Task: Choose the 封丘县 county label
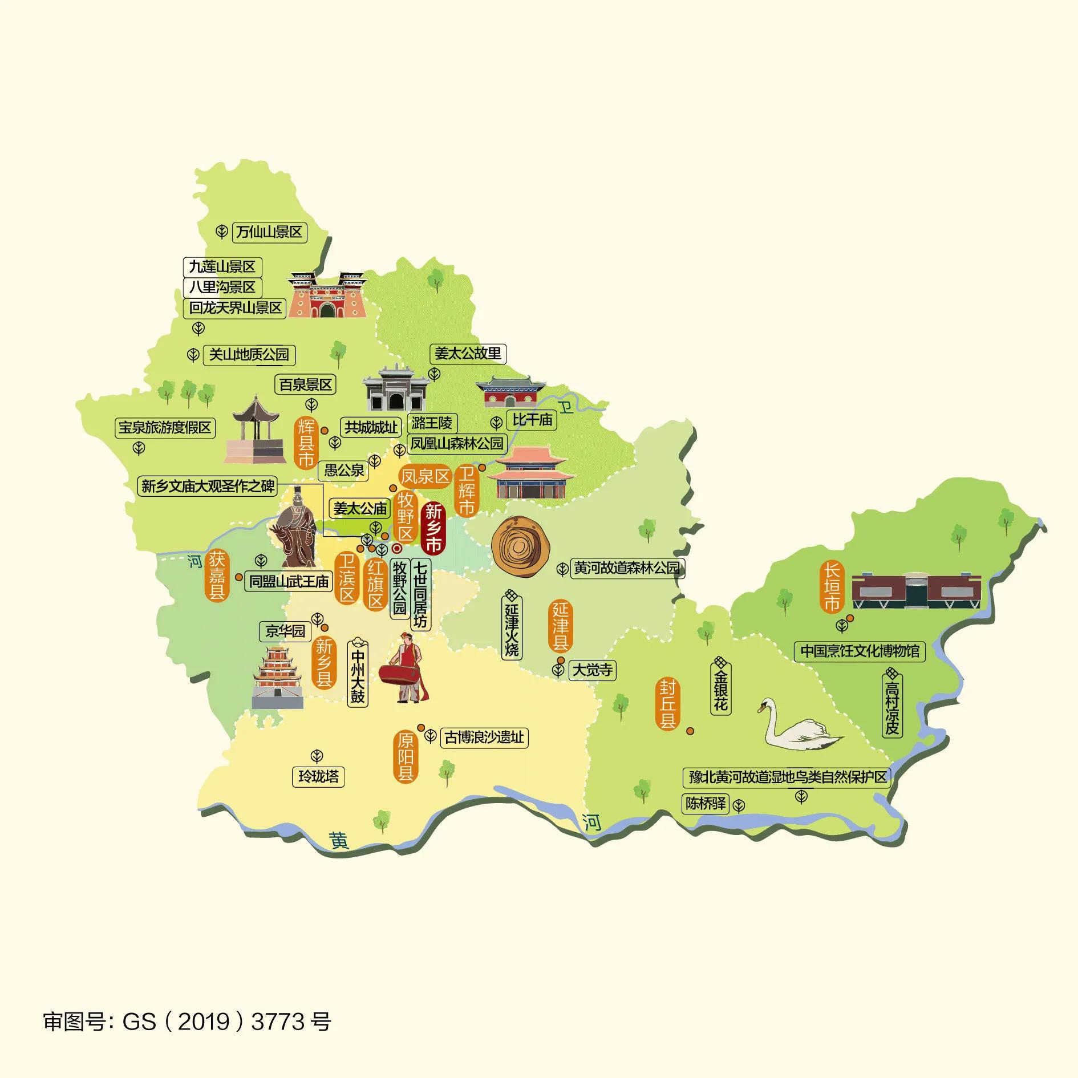point(667,703)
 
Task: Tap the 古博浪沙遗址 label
point(484,737)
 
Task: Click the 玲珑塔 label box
point(318,776)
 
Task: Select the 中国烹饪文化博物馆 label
point(859,651)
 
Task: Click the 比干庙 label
point(532,420)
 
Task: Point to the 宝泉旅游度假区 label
point(165,427)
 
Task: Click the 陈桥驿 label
point(706,803)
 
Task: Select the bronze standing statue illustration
point(295,528)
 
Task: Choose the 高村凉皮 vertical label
point(892,703)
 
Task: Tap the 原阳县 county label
point(406,757)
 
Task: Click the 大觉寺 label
point(593,670)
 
